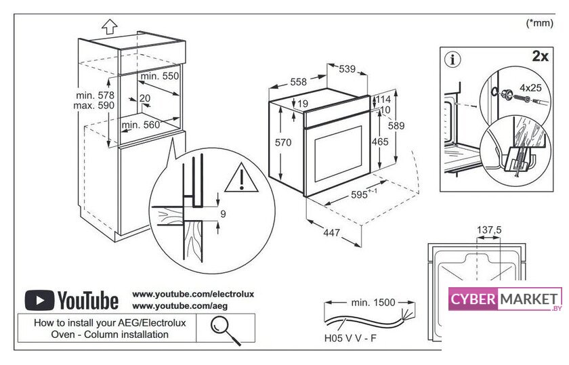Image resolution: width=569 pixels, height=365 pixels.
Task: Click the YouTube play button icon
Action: click(39, 300)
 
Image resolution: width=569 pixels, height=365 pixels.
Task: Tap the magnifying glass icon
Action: click(219, 327)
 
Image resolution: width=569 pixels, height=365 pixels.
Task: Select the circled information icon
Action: click(452, 59)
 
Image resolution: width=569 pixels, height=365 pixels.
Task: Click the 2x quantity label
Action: click(540, 56)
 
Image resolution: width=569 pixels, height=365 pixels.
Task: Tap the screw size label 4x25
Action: click(530, 87)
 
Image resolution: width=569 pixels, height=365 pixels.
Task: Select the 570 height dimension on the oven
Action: click(283, 143)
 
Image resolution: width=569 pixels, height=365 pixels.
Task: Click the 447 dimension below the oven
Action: click(331, 234)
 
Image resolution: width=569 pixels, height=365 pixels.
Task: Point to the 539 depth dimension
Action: click(347, 68)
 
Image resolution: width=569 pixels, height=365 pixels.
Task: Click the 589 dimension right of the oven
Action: click(396, 125)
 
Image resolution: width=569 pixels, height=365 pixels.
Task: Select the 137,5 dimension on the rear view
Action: click(489, 230)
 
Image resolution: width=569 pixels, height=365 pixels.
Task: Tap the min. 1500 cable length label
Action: click(373, 301)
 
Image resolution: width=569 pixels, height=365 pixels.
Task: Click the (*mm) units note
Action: click(540, 22)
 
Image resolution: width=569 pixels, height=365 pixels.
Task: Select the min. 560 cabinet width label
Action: click(141, 125)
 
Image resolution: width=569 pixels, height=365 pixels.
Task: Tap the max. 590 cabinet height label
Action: click(94, 106)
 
